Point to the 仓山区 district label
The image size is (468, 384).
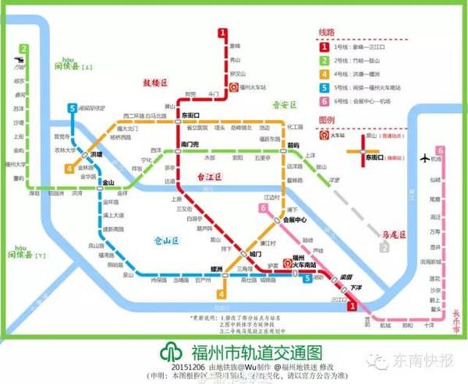point(166,241)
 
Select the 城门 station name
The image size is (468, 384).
point(257,254)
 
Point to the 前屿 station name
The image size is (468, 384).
point(292,145)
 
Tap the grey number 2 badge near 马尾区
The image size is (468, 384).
point(384,247)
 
